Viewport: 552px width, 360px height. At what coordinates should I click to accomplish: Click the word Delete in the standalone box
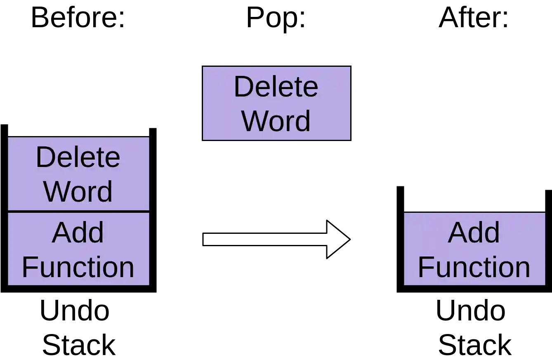(276, 87)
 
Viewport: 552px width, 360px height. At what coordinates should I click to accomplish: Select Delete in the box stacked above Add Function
(78, 157)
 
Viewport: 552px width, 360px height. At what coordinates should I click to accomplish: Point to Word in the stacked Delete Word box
(78, 191)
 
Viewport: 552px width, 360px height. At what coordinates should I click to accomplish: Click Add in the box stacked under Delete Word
(78, 233)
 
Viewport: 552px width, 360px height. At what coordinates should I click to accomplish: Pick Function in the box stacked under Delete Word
(78, 267)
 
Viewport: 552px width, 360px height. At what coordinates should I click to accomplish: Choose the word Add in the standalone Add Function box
(474, 233)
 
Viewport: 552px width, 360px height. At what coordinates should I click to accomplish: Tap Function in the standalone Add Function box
(474, 267)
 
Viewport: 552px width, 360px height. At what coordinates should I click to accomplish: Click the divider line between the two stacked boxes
(78, 212)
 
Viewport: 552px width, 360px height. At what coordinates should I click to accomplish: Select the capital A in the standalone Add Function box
(457, 233)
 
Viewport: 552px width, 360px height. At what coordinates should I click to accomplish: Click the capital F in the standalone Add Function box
(425, 267)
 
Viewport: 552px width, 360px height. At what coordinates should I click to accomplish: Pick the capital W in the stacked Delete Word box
(56, 191)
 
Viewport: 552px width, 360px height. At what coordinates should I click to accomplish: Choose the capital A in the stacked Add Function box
(61, 233)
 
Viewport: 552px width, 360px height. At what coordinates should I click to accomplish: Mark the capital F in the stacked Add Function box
(28, 267)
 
